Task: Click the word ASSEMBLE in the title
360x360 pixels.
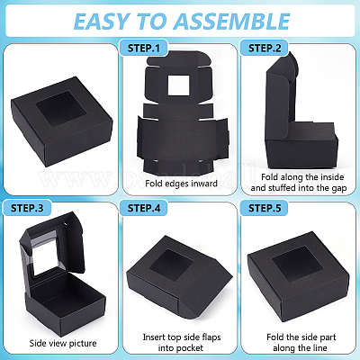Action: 232,22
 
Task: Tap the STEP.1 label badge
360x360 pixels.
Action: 144,48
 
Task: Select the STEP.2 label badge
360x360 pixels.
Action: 265,48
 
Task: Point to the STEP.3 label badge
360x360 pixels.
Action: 27,208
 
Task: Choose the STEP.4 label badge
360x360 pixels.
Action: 144,208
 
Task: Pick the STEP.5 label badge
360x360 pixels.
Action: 265,208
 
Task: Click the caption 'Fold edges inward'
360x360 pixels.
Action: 181,184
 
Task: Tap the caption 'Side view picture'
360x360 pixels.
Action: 63,343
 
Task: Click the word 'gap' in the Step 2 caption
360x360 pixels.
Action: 339,188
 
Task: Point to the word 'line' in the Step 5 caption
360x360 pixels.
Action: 319,348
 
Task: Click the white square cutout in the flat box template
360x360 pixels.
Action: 178,85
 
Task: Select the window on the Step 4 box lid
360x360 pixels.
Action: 171,265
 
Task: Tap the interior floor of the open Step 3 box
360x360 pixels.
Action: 65,295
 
